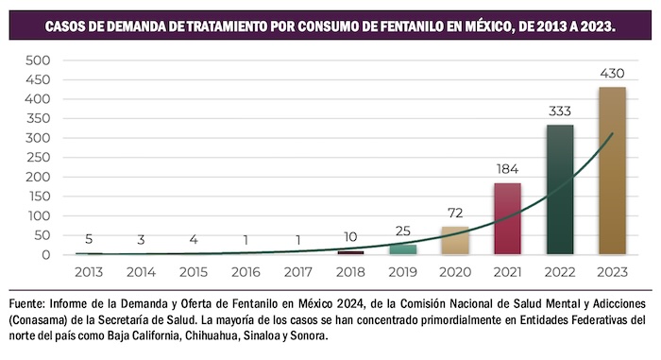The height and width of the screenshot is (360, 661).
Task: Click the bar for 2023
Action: pos(612,171)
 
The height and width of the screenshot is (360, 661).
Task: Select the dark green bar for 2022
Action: pos(560,189)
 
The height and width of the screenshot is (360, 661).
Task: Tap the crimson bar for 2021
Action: pos(507,218)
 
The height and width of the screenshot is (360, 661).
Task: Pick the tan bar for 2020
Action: pos(455,241)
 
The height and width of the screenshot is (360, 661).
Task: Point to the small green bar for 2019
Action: pos(403,249)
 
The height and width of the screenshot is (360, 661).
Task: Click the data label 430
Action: pos(612,73)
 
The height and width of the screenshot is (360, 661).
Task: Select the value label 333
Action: pos(560,111)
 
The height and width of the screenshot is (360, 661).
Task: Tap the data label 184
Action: pos(507,169)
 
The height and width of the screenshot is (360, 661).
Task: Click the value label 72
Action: pos(455,213)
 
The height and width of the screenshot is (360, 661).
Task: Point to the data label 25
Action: pos(403,231)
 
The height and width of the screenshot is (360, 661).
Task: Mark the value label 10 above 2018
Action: pos(350,237)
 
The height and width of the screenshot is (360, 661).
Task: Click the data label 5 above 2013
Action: pos(89,239)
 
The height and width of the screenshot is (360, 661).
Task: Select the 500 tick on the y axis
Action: pos(38,60)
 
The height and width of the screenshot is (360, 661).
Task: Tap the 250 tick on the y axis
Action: pos(38,157)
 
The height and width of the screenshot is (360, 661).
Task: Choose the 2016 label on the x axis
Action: pos(246,270)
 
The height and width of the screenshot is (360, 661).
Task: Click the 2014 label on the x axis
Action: pos(142,270)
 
